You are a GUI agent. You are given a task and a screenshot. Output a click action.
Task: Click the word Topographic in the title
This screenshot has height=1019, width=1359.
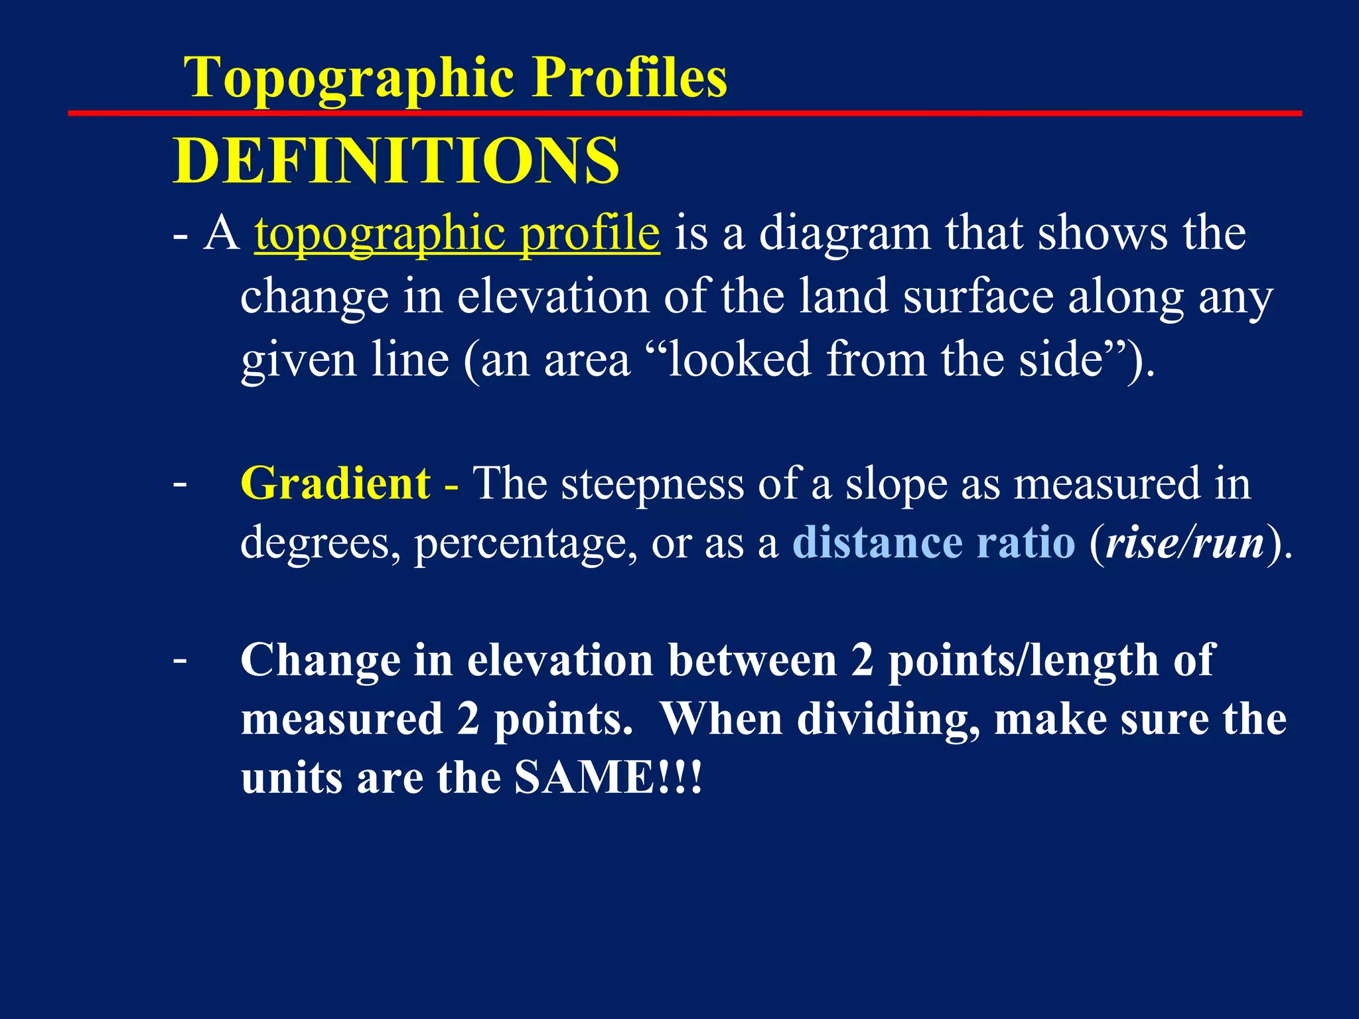tap(352, 78)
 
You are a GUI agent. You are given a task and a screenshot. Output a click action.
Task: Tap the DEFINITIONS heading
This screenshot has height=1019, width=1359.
tap(396, 161)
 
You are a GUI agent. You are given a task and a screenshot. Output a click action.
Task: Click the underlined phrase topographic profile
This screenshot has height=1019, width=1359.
tap(457, 234)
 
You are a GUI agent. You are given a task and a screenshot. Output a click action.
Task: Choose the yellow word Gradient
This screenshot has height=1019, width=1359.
tap(336, 483)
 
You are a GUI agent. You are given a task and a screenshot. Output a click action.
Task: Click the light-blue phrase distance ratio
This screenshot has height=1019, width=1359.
tap(934, 543)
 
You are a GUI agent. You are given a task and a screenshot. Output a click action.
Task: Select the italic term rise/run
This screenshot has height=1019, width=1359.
tap(1185, 543)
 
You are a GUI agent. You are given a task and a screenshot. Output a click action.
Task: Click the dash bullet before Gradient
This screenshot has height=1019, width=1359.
tap(179, 483)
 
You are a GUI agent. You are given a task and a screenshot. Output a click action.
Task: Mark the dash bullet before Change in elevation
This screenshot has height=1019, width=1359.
tap(179, 660)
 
